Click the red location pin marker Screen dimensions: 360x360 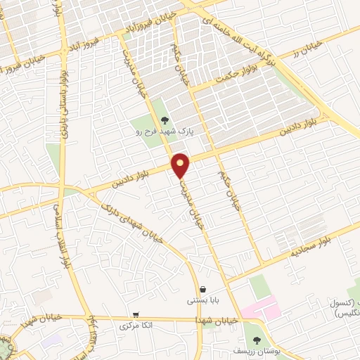coord(181,165)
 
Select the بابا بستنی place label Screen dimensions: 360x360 coord(202,300)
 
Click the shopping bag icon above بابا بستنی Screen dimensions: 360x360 coord(203,289)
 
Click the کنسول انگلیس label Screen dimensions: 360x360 coord(344,307)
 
